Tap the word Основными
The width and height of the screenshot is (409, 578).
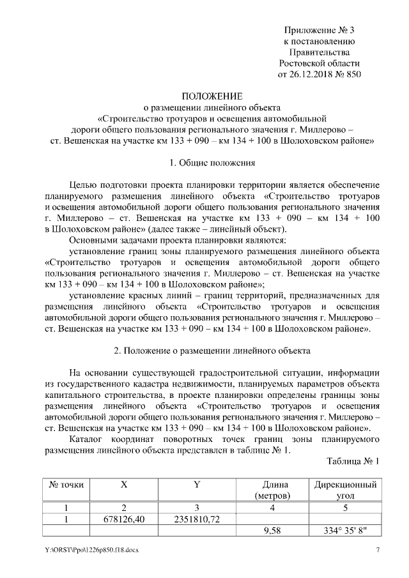pos(96,240)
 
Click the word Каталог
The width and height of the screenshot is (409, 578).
pos(88,439)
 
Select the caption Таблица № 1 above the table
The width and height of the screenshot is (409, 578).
pos(353,461)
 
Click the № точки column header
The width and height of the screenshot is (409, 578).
pos(63,485)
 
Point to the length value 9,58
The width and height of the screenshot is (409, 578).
pos(272,530)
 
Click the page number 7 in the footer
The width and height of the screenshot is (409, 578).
pos(378,551)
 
